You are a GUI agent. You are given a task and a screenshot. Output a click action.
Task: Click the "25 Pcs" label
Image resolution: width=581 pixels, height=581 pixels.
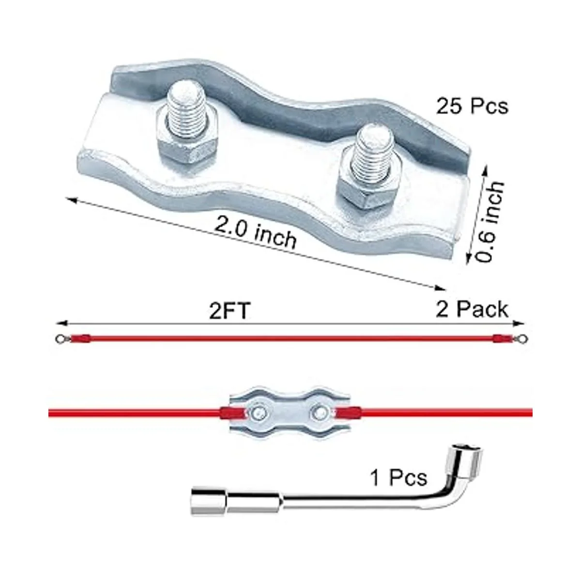[472, 106]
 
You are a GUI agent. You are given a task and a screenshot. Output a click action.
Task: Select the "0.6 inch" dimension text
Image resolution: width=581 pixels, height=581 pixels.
[489, 222]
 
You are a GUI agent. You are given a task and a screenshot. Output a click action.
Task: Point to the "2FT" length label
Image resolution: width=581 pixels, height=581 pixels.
[230, 311]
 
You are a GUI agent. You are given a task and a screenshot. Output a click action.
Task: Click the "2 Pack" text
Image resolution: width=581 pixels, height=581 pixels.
[472, 310]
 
